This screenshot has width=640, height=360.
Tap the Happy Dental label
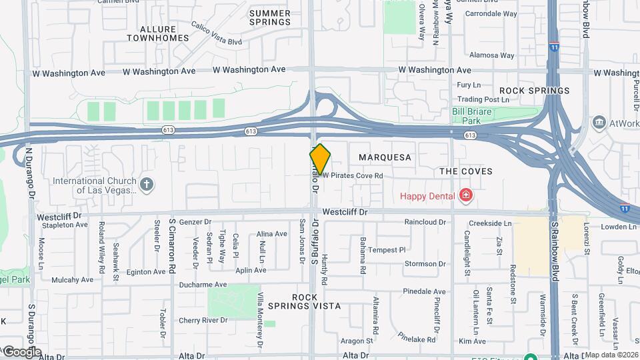(x=427, y=195)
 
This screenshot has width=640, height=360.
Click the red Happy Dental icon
(x=465, y=195)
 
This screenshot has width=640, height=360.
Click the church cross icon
(x=147, y=183)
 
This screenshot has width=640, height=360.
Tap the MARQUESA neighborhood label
(x=385, y=157)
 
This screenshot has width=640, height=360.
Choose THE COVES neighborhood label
(x=466, y=171)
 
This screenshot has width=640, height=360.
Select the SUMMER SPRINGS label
(x=270, y=17)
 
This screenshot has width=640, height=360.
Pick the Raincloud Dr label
(x=424, y=222)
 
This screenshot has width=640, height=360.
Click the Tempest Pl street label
(x=387, y=250)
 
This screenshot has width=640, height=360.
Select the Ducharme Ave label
(x=203, y=285)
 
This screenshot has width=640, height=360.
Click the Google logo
(x=21, y=351)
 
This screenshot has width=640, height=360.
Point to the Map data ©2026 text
(x=611, y=355)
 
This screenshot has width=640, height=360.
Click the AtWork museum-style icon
(x=598, y=123)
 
